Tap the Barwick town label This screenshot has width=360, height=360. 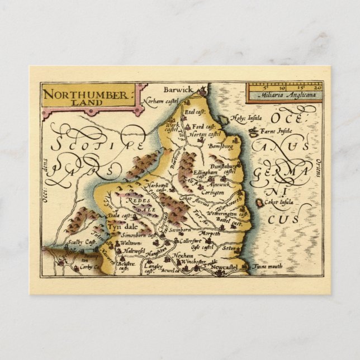coord(178,89)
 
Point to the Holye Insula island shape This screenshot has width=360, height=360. coord(223,119)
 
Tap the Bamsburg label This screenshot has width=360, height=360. coord(219,146)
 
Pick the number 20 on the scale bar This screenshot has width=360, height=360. coord(318,87)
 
